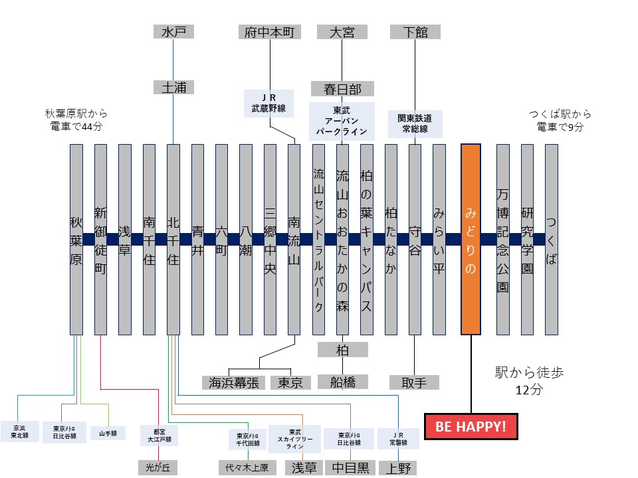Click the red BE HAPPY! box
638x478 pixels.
(471, 426)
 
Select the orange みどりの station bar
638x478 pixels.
(471, 239)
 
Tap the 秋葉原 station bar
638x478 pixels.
(76, 239)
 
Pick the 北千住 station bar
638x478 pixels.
(173, 239)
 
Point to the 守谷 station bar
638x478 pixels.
(415, 239)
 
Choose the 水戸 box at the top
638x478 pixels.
(173, 32)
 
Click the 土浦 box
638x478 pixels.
(173, 87)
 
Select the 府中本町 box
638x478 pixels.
(268, 32)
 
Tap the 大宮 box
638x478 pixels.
(342, 32)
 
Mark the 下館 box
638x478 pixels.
(415, 32)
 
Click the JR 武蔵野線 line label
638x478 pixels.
(268, 103)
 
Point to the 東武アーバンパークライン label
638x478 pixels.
(342, 121)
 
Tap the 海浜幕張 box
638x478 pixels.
(233, 382)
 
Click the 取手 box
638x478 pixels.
(415, 382)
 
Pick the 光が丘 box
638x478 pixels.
(158, 467)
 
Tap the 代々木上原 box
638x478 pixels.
(247, 467)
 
